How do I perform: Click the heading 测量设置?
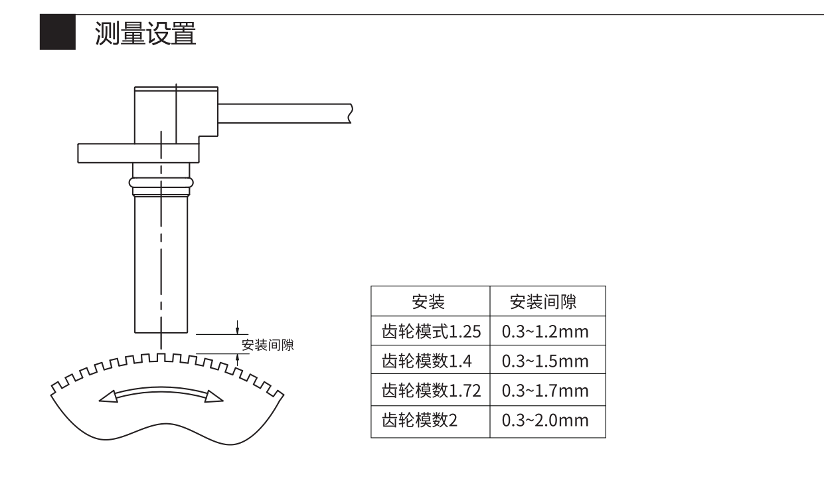pyautogui.click(x=145, y=33)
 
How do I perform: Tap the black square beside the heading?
pyautogui.click(x=58, y=32)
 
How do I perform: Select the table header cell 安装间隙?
pyautogui.click(x=543, y=302)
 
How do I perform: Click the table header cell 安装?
pyautogui.click(x=428, y=302)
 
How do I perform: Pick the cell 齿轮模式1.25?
pyautogui.click(x=431, y=332)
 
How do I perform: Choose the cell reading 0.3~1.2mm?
pyautogui.click(x=545, y=332)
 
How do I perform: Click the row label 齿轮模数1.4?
pyautogui.click(x=427, y=361)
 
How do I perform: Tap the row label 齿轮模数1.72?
pyautogui.click(x=431, y=390)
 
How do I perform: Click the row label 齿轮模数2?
pyautogui.click(x=420, y=420)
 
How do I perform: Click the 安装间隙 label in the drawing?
pyautogui.click(x=268, y=345)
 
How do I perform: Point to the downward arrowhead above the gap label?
pyautogui.click(x=237, y=330)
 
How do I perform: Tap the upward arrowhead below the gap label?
pyautogui.click(x=237, y=359)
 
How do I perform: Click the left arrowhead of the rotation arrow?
pyautogui.click(x=108, y=397)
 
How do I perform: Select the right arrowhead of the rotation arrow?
pyautogui.click(x=213, y=397)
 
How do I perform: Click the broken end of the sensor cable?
pyautogui.click(x=351, y=114)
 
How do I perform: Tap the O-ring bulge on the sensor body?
pyautogui.click(x=161, y=183)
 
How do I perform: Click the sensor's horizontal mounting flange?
pyautogui.click(x=138, y=153)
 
